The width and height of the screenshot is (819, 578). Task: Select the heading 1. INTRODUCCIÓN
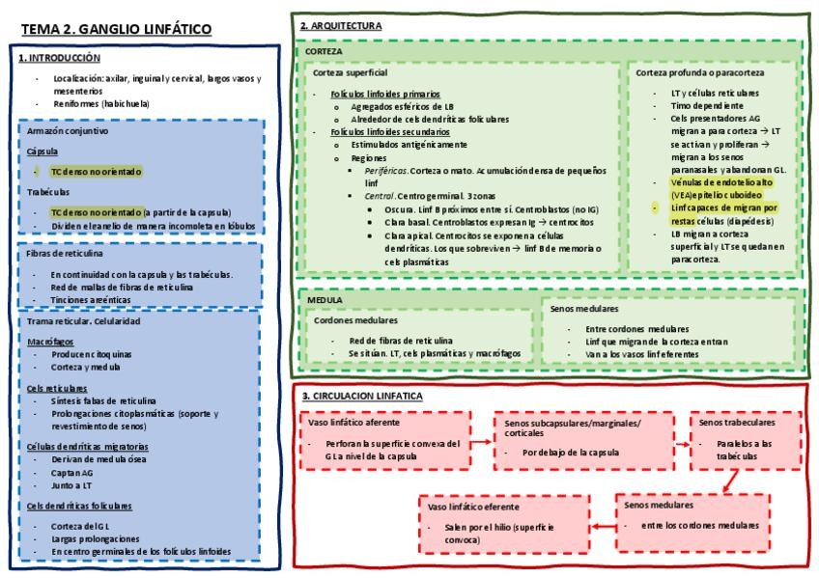click(x=59, y=58)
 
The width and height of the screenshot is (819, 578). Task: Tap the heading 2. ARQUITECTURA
click(x=340, y=25)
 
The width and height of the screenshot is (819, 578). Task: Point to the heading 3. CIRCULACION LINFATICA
click(x=362, y=396)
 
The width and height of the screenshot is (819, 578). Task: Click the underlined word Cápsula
click(x=42, y=151)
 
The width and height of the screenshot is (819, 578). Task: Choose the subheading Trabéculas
click(x=48, y=191)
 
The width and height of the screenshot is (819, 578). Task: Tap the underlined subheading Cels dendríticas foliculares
click(x=79, y=505)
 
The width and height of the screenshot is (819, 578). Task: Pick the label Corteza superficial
click(x=350, y=72)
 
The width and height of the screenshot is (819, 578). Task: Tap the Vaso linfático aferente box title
click(x=354, y=422)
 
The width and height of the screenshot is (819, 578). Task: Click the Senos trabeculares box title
click(x=736, y=422)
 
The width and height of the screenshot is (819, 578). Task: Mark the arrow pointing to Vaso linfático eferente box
click(x=604, y=526)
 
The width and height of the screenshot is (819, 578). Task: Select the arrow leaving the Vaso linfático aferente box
click(x=482, y=440)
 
